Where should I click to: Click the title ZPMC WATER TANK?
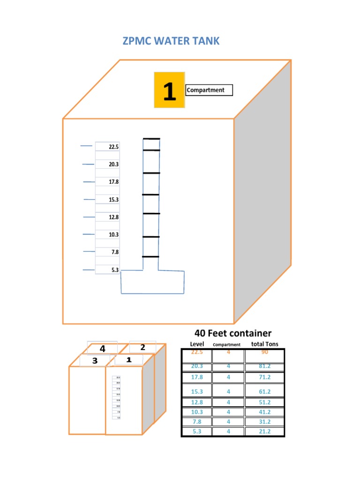pos(171,41)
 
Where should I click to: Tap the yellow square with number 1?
pos(169,90)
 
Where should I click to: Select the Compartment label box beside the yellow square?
pos(209,90)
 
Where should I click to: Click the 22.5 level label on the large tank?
pos(114,147)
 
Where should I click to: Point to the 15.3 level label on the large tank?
pos(114,200)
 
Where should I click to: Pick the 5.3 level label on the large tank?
pos(115,270)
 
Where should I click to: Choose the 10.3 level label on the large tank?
pos(114,234)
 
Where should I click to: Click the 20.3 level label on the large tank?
pos(114,165)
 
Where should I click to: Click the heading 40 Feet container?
pos(233,333)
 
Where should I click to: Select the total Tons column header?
pos(264,344)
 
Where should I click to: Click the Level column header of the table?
pos(197,344)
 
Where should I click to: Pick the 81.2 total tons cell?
pos(264,367)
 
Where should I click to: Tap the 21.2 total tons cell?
pos(264,431)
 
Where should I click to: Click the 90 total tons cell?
pos(264,352)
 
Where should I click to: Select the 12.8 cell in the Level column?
pos(196,402)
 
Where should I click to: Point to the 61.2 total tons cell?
pos(264,391)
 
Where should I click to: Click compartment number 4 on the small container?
pos(102,349)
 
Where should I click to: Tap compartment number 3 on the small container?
pos(94,360)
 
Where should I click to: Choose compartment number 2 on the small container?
pos(142,347)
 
